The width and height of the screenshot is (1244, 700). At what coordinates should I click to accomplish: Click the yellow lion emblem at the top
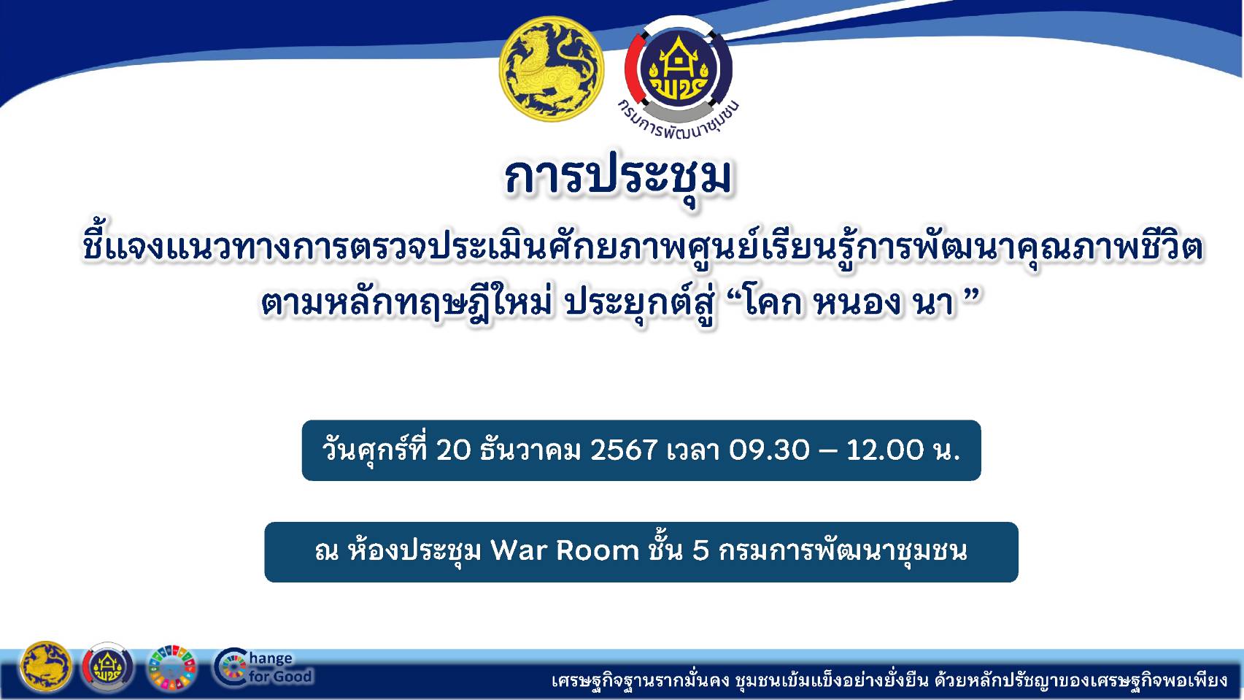[x=552, y=66]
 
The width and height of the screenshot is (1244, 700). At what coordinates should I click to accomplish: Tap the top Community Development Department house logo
[x=679, y=69]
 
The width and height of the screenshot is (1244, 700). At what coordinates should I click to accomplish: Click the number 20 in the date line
[x=454, y=450]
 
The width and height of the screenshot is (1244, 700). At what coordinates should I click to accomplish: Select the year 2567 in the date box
[x=624, y=450]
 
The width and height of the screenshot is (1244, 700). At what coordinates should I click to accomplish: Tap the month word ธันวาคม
[x=530, y=450]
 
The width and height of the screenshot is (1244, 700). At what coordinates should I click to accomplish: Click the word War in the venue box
[x=518, y=550]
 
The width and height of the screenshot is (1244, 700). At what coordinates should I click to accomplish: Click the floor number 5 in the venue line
[x=700, y=550]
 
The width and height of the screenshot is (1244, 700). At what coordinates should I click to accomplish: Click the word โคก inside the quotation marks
[x=774, y=301]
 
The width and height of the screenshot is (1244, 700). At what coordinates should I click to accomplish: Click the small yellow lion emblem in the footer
[x=46, y=666]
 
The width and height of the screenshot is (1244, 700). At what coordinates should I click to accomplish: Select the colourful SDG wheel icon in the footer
[x=172, y=667]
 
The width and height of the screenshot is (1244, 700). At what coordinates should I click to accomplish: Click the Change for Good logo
[x=263, y=667]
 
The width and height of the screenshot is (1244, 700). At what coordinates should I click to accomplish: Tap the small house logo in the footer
[x=108, y=667]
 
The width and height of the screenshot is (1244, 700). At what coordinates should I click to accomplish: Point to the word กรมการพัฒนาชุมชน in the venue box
[x=843, y=550]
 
